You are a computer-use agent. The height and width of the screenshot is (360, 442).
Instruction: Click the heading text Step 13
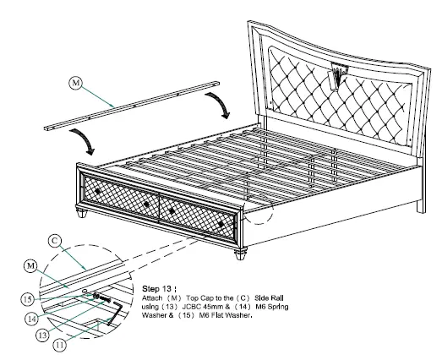(158, 275)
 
